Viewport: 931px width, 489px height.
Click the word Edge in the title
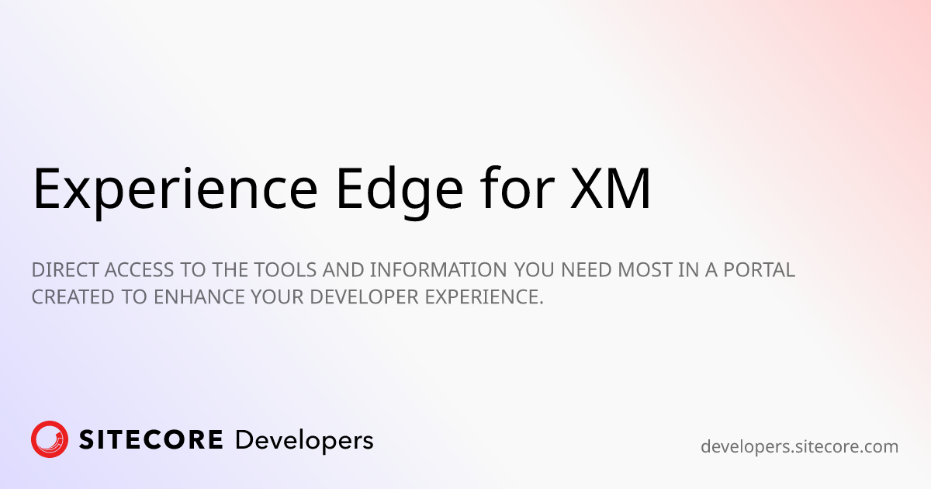tap(400, 192)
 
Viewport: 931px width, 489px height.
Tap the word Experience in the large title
tap(175, 192)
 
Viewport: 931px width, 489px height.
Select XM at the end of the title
tap(610, 188)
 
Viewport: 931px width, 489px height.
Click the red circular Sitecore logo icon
tap(50, 439)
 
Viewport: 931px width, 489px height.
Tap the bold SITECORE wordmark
tap(151, 439)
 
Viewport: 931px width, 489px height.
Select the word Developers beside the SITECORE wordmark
tap(304, 441)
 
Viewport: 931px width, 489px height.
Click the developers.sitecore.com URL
tap(799, 447)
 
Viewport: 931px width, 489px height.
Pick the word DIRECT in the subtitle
tap(65, 270)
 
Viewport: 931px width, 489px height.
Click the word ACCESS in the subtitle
tap(139, 270)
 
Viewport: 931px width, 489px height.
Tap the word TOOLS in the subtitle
tap(286, 270)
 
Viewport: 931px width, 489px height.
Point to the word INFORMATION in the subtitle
tap(438, 270)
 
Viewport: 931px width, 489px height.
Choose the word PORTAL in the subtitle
tap(760, 270)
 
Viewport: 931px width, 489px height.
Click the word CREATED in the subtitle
tap(73, 297)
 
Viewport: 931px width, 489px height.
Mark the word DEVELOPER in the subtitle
tap(364, 297)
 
